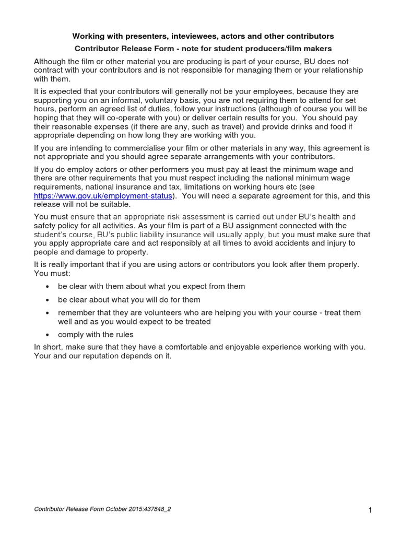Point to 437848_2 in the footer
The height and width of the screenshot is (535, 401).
coord(156,509)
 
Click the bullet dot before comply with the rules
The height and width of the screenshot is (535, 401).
coord(48,335)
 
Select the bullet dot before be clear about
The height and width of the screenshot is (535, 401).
coord(48,300)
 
